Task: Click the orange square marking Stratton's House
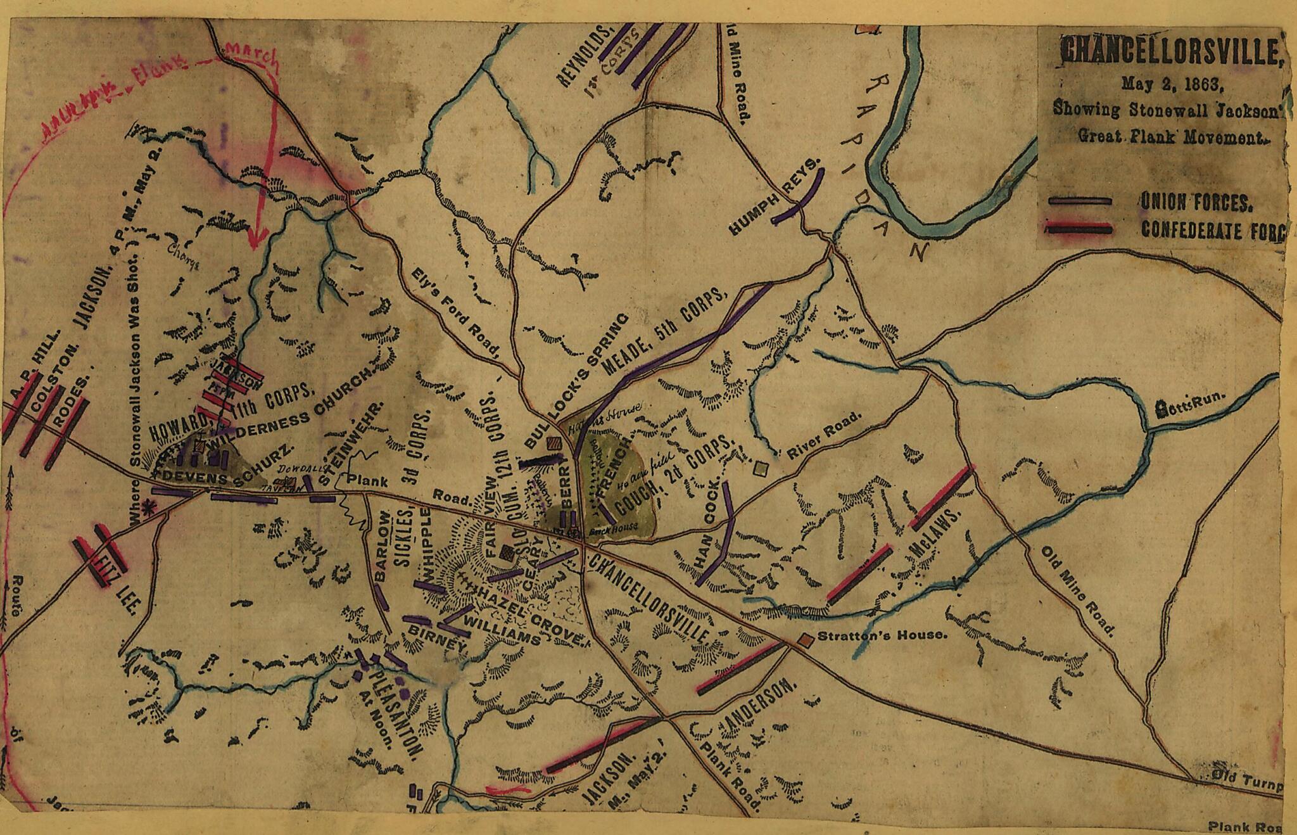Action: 806,641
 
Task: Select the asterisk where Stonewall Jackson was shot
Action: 150,507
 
